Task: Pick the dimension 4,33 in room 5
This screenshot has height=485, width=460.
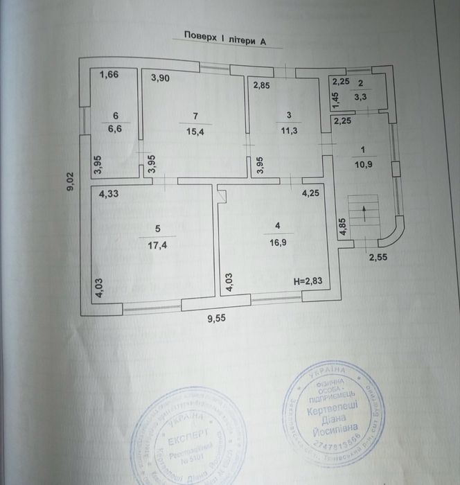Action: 109,195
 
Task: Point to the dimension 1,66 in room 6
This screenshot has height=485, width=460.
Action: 109,75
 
